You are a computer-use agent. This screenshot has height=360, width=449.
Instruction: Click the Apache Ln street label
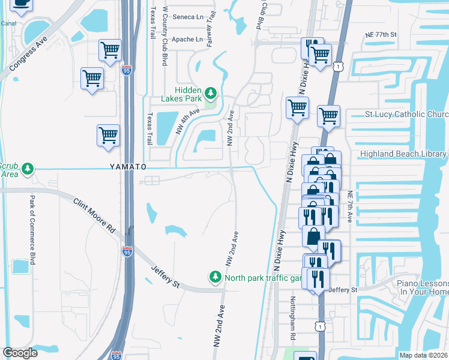(x=187, y=40)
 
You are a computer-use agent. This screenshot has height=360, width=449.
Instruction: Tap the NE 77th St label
(x=381, y=35)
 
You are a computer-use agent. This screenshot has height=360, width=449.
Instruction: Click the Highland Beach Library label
(x=403, y=154)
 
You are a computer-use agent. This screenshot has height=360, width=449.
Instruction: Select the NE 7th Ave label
(x=349, y=207)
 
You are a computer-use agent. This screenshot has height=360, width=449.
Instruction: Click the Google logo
(x=20, y=353)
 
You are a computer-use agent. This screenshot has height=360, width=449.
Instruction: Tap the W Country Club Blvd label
(x=164, y=37)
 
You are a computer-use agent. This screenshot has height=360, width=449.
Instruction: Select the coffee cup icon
(x=22, y=5)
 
